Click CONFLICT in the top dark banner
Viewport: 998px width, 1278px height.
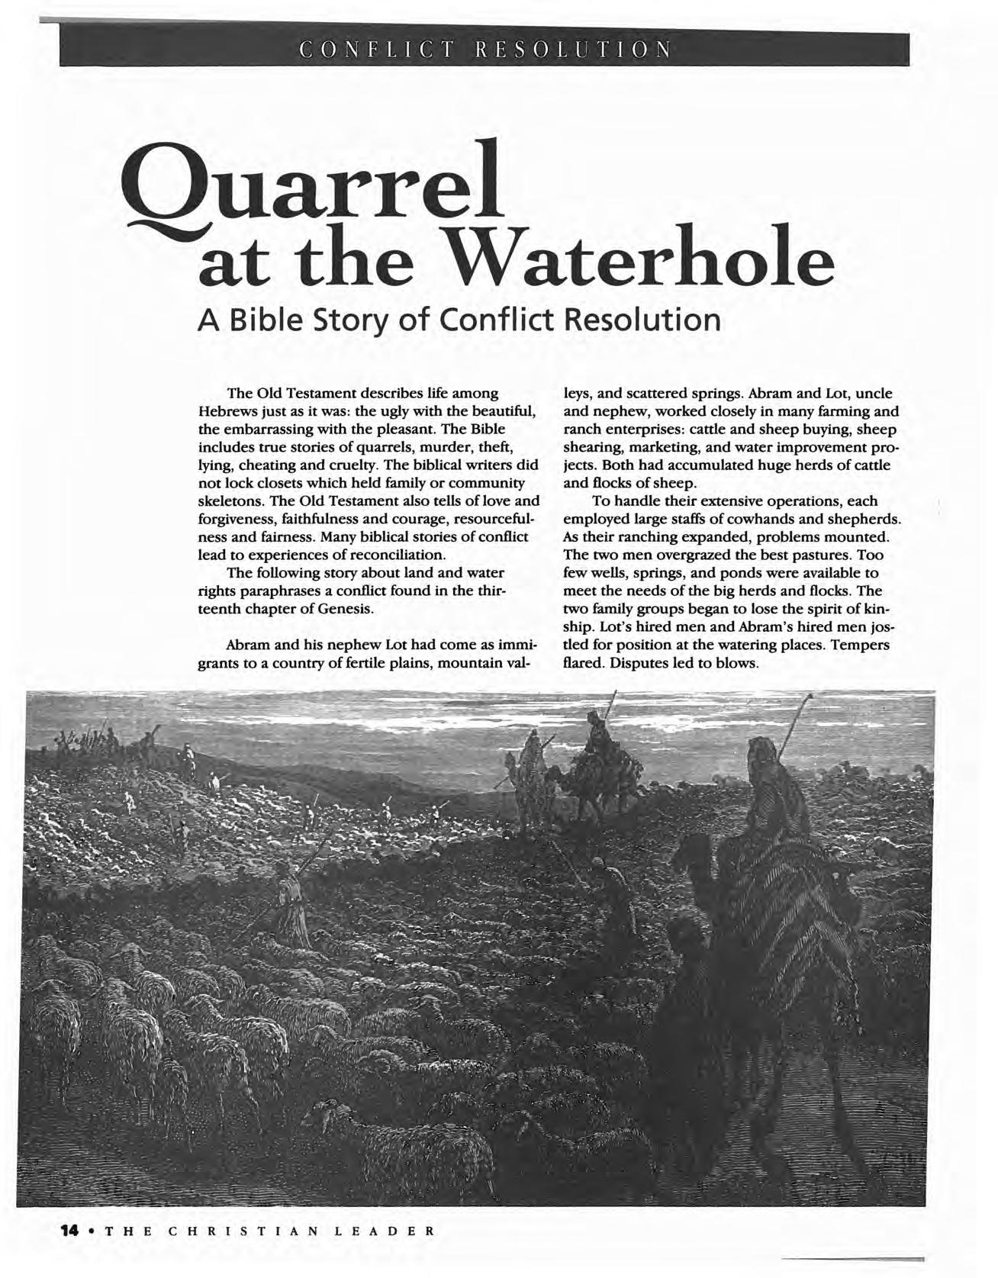click(380, 50)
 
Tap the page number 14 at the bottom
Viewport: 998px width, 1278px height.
click(70, 1231)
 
